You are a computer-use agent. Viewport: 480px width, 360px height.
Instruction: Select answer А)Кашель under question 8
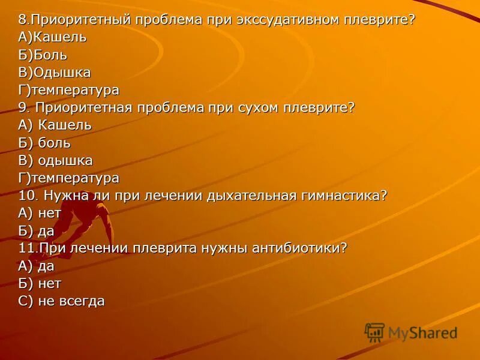point(52,37)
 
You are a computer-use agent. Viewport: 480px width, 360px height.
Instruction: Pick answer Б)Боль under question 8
point(43,55)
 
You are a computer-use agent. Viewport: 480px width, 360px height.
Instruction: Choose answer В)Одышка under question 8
point(55,73)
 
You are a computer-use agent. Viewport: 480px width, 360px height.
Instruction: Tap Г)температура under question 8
point(68,90)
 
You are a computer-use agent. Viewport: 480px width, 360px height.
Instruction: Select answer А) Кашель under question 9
point(55,125)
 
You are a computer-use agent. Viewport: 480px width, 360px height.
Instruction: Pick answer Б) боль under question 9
point(44,143)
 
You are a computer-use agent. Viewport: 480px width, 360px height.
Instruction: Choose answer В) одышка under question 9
point(55,161)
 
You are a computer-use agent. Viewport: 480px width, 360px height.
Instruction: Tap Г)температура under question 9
point(68,178)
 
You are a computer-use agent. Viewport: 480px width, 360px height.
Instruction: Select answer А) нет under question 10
point(40,213)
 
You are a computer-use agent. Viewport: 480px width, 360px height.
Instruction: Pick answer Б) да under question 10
point(36,231)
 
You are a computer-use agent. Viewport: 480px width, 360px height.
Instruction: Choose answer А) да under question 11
point(36,266)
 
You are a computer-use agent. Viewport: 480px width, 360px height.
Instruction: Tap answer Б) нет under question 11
point(40,283)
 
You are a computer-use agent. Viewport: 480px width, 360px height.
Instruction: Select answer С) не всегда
point(61,301)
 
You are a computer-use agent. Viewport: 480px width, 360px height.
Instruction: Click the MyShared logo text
point(422,333)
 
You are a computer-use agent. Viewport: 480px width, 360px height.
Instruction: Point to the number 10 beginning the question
point(26,196)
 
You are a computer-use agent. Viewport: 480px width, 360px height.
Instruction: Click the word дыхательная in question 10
point(249,196)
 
